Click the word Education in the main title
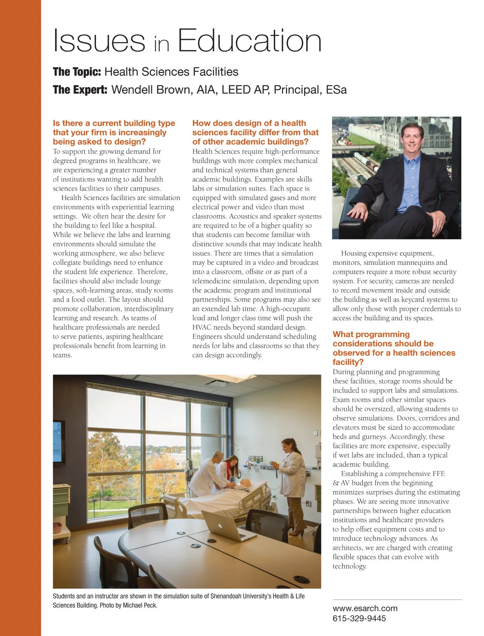[x=249, y=41]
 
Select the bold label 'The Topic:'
[x=77, y=72]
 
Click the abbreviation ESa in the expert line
[x=336, y=90]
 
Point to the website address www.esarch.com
[x=365, y=608]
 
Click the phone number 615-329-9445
[x=359, y=618]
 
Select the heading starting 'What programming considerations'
[x=394, y=348]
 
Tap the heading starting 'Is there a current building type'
[x=114, y=132]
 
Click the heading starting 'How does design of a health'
[x=255, y=132]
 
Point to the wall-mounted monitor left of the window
[x=58, y=442]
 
